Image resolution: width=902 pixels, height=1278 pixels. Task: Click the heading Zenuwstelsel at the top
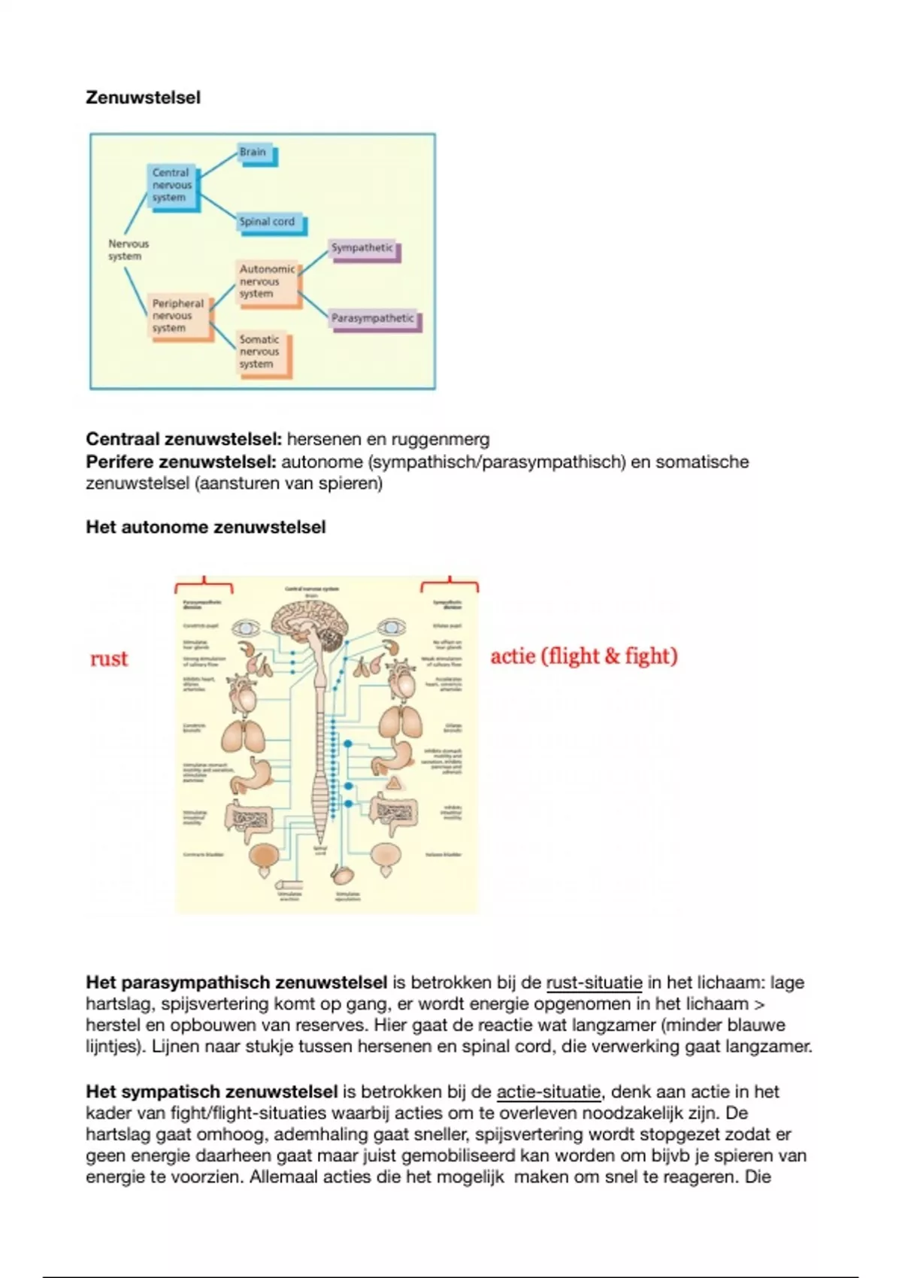143,98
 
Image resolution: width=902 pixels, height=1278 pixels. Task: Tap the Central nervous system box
172,186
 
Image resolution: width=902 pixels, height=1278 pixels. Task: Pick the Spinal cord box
269,223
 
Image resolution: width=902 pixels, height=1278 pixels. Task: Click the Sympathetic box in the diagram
363,249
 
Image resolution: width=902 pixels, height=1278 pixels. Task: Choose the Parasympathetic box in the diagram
374,319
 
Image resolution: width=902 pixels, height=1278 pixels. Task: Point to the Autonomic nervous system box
268,282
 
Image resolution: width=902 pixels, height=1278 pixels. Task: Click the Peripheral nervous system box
178,316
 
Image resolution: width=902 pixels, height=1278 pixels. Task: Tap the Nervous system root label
129,250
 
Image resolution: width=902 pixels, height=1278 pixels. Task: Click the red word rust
109,659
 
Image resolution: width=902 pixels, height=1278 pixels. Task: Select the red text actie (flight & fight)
584,656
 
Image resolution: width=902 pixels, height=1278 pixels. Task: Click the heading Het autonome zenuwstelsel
205,528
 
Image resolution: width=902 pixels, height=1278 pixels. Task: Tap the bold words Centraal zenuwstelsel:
183,440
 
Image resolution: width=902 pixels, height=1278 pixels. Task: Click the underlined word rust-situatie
594,983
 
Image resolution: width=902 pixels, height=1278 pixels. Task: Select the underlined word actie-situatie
549,1092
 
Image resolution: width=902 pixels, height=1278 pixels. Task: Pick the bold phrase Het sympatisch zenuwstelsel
211,1092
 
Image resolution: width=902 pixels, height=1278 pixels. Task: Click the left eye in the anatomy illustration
245,628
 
